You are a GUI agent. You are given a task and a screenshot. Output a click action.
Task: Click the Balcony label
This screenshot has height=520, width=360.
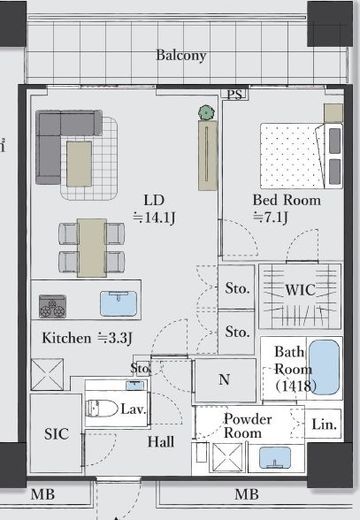click(x=181, y=55)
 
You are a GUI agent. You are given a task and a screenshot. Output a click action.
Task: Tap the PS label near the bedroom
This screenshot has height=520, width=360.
click(x=234, y=94)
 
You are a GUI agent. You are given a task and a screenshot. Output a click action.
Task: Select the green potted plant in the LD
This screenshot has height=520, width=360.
click(x=206, y=113)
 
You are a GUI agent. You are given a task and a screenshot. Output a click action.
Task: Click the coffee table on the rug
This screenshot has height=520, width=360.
click(x=79, y=164)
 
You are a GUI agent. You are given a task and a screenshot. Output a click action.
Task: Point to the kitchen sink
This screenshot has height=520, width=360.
click(x=119, y=304)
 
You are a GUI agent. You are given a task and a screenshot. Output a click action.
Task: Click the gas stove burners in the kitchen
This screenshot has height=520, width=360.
click(x=52, y=306)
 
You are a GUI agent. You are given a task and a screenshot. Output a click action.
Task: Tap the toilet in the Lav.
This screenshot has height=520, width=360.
click(x=101, y=408)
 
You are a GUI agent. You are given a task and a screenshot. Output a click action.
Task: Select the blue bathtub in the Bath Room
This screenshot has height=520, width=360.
click(x=324, y=367)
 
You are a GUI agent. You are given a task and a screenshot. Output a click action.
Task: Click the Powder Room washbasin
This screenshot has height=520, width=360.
click(x=275, y=457)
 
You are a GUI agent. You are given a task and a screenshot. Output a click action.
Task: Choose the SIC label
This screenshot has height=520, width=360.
click(x=57, y=434)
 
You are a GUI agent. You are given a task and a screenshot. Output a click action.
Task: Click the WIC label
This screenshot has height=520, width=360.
click(x=300, y=290)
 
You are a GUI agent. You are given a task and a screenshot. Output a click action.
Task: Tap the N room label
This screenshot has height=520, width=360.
click(x=224, y=379)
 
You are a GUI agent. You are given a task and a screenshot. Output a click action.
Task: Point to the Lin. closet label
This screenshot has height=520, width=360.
click(x=324, y=424)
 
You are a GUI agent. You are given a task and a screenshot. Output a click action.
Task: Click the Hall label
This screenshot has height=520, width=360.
click(x=161, y=442)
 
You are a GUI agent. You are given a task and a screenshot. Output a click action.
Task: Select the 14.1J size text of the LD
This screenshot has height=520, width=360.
click(x=154, y=218)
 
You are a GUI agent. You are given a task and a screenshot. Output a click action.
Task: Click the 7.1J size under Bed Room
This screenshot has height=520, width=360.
click(x=270, y=217)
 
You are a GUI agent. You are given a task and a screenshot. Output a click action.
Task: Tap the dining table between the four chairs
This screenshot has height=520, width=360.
click(x=92, y=248)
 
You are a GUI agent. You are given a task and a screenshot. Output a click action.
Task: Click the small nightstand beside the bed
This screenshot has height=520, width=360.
click(x=333, y=113)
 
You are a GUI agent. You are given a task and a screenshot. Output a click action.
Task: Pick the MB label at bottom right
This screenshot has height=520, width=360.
click(x=247, y=494)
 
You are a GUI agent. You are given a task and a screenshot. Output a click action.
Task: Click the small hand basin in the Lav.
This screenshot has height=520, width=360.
click(x=135, y=385)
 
